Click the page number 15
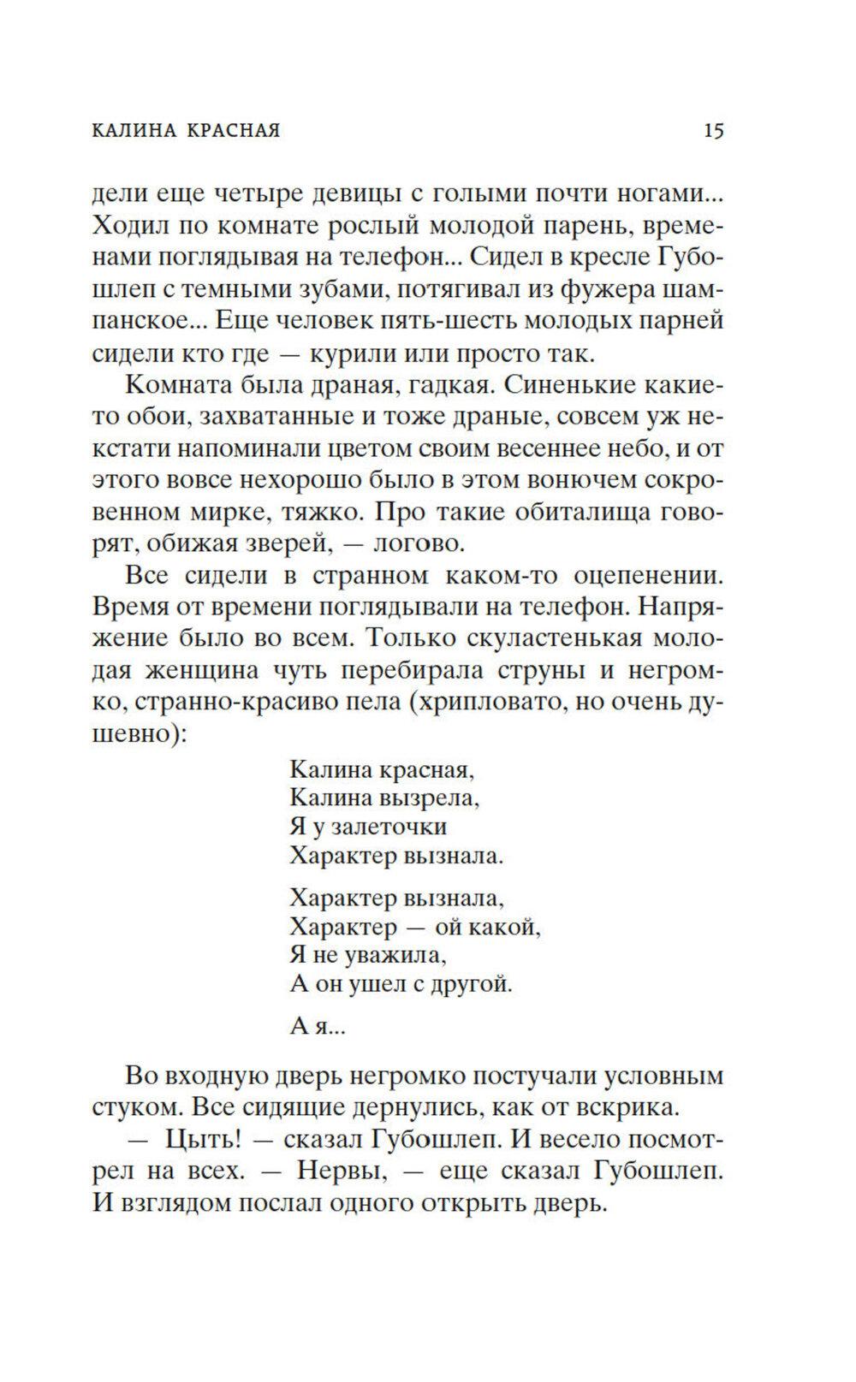click(714, 131)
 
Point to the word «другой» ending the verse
click(474, 983)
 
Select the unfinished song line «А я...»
click(317, 1027)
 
